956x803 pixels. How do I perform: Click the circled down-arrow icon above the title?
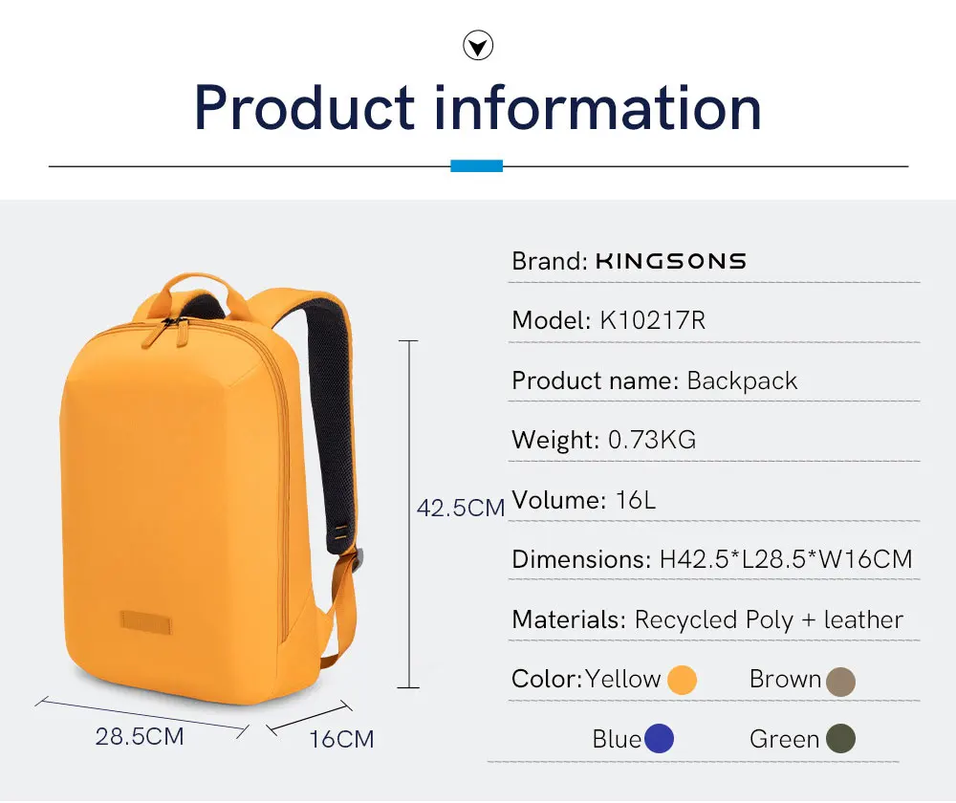(478, 45)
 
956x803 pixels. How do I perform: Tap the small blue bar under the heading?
(476, 166)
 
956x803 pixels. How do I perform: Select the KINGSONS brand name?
(670, 261)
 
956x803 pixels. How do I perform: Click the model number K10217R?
(652, 320)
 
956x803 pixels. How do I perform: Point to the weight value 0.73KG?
(652, 440)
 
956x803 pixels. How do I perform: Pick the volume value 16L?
(636, 500)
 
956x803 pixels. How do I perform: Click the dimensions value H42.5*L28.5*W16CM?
(786, 559)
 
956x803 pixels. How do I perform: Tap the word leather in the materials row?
(863, 619)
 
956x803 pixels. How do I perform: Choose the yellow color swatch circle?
(682, 681)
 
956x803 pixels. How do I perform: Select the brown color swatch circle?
(840, 681)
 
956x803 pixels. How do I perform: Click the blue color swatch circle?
(659, 739)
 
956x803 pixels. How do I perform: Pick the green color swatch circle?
(840, 739)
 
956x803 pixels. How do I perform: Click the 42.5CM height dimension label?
(460, 509)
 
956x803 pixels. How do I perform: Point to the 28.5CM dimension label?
(140, 737)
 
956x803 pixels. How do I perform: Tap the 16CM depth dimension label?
(341, 739)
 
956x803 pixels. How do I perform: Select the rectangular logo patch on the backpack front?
(146, 622)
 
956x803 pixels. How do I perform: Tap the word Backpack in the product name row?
(742, 380)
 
